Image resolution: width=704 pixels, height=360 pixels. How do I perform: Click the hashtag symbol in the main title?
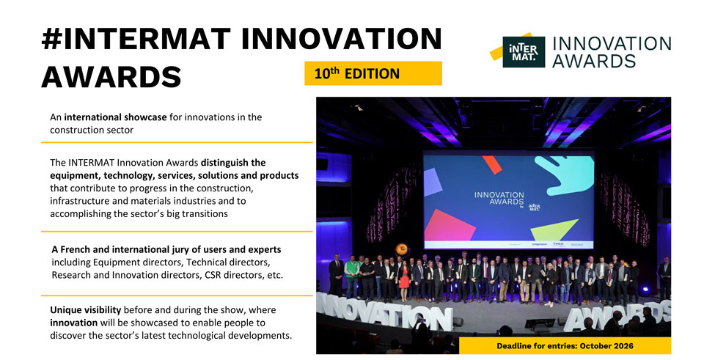(x=51, y=40)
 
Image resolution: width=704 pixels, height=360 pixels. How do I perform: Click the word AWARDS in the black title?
(x=111, y=76)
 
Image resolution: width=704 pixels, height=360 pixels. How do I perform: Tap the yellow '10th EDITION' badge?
(x=373, y=73)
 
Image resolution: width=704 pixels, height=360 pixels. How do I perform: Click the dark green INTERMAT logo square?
(x=524, y=52)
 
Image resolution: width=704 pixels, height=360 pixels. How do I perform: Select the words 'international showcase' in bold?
(x=115, y=117)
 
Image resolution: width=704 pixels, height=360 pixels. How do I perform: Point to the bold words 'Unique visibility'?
(x=85, y=310)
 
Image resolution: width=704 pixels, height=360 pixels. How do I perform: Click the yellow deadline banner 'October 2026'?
(x=565, y=345)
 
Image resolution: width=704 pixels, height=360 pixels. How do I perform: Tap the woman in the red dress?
(x=404, y=281)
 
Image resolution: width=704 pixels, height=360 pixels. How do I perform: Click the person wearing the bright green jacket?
(x=352, y=276)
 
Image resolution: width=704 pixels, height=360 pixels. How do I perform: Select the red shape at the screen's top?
(x=492, y=165)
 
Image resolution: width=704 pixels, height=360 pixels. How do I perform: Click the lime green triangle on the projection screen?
(x=554, y=229)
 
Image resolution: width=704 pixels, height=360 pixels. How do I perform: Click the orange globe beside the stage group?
(x=402, y=249)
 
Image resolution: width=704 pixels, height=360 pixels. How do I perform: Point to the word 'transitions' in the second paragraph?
(x=205, y=213)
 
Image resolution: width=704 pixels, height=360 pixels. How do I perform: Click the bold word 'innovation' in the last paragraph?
(x=73, y=323)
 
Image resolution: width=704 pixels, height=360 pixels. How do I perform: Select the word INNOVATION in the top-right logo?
(x=612, y=44)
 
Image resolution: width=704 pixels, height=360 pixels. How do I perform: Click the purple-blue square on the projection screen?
(x=433, y=182)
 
